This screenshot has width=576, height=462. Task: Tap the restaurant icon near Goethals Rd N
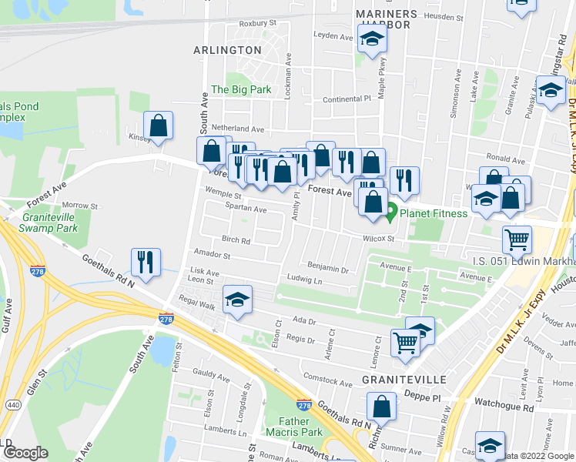click(x=145, y=262)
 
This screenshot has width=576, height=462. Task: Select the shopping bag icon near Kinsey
click(x=158, y=128)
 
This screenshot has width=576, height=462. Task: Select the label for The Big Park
click(x=241, y=89)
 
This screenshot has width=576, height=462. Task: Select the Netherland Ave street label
click(x=239, y=129)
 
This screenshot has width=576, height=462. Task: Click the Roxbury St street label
click(x=257, y=24)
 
